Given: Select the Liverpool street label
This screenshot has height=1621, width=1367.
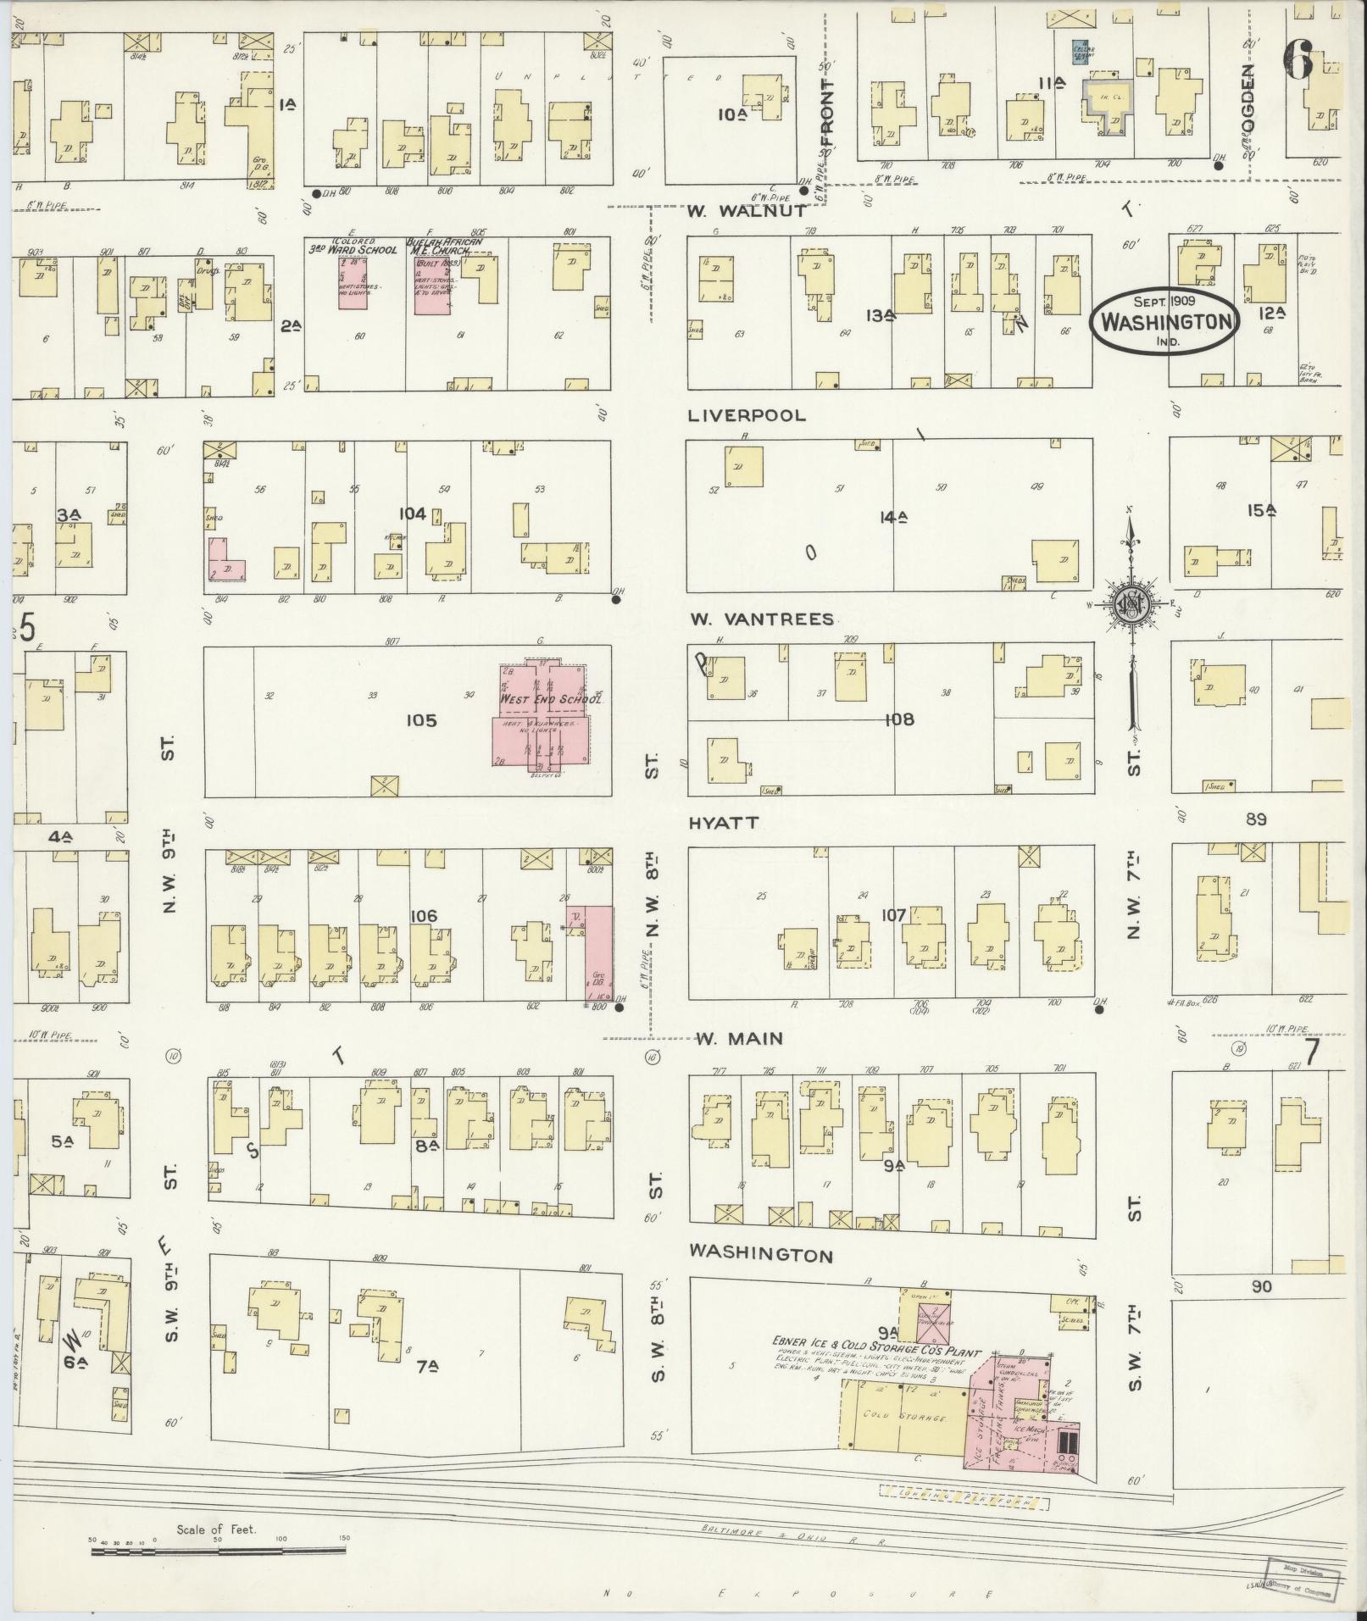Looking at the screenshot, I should [x=747, y=416].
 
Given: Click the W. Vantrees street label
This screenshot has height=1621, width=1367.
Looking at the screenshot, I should [x=760, y=619].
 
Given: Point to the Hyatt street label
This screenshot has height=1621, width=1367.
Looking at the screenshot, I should [x=723, y=823].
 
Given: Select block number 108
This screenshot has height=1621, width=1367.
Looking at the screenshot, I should [x=899, y=719].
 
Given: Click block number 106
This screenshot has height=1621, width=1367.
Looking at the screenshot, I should [x=423, y=915].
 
